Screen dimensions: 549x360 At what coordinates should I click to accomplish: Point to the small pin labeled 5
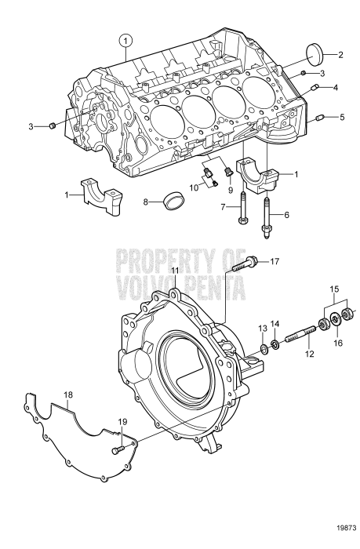319,119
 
